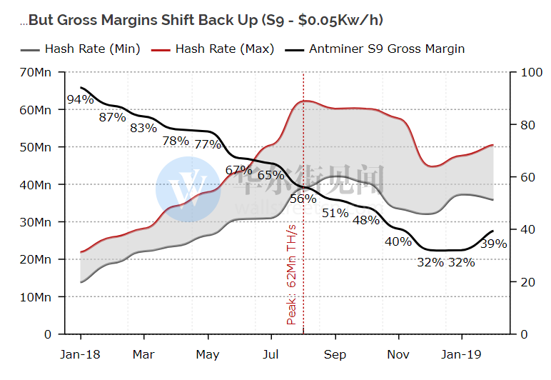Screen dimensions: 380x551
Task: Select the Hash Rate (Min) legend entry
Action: click(x=91, y=49)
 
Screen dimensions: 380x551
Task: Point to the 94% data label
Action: click(x=81, y=99)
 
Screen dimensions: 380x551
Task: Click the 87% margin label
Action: click(x=112, y=117)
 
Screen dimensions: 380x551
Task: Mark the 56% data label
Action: click(x=303, y=199)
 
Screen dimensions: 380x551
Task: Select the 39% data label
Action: click(x=493, y=244)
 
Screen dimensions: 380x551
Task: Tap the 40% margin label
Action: click(x=398, y=241)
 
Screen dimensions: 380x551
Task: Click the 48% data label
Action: click(x=366, y=220)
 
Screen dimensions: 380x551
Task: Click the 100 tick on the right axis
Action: click(x=531, y=72)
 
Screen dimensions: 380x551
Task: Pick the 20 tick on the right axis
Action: click(x=527, y=281)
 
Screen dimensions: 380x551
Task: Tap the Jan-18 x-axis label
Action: click(x=81, y=354)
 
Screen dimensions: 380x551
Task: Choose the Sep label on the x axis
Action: click(x=335, y=354)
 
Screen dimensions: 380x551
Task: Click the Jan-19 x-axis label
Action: click(x=461, y=354)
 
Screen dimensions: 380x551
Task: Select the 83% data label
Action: click(x=143, y=129)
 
